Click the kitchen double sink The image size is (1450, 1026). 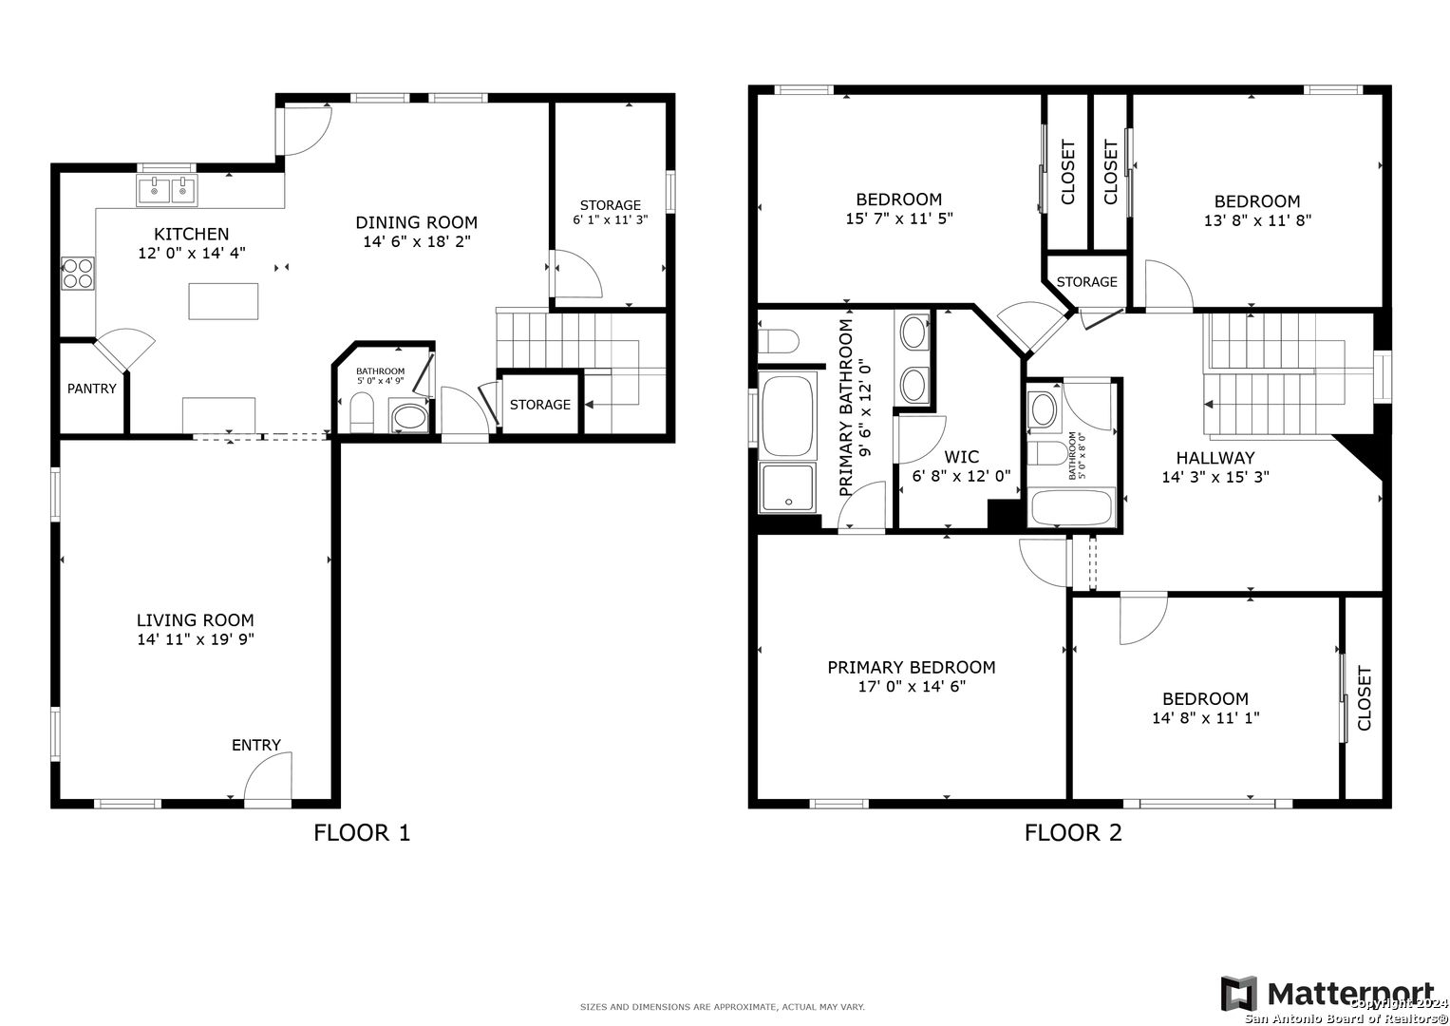coord(166,190)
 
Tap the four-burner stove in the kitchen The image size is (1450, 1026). coord(78,274)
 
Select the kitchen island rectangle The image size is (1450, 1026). coord(223,301)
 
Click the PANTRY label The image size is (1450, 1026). coord(92,389)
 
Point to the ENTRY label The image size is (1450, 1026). coord(256,745)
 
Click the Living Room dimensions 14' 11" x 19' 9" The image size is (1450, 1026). coord(196,639)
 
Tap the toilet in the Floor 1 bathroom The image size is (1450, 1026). coord(362,413)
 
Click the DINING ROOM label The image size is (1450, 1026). coord(417,222)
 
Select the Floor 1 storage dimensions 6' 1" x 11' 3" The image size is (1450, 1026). coord(611,219)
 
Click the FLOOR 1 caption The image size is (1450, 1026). coord(362,832)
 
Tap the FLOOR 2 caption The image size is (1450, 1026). coord(1073,832)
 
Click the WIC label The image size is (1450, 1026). coord(961,457)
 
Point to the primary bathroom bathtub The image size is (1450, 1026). coord(786,416)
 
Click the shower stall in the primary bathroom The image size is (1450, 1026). coord(788,487)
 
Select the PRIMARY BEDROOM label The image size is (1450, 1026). coord(912,667)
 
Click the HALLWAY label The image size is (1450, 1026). coord(1215,458)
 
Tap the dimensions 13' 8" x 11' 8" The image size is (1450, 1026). coord(1258,220)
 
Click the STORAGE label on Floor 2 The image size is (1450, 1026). coord(1087,282)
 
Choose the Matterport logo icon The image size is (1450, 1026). coord(1239,994)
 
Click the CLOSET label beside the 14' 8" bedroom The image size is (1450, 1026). coord(1364,698)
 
